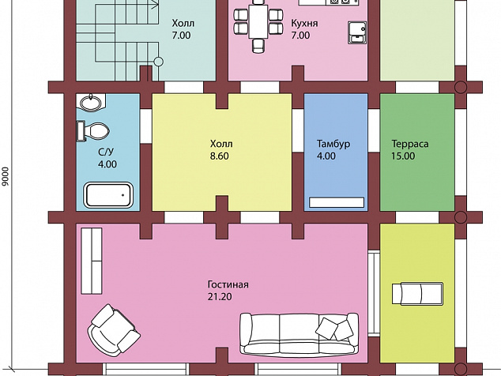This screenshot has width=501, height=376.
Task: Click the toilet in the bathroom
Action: tap(93, 131)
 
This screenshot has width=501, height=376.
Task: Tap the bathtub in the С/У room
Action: tap(108, 195)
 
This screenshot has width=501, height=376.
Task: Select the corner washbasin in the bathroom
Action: tap(92, 103)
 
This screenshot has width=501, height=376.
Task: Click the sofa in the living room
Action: tap(299, 334)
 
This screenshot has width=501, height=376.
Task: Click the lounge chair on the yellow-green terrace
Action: tap(417, 294)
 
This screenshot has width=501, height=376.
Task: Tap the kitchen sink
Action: tap(357, 32)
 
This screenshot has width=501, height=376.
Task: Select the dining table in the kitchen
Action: tap(258, 21)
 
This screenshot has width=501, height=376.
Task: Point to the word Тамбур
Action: tap(333, 144)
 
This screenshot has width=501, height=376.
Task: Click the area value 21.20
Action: tap(220, 297)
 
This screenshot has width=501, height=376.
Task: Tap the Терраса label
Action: tap(410, 144)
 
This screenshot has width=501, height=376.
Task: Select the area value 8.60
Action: tap(220, 156)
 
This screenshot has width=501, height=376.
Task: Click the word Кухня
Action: tap(304, 23)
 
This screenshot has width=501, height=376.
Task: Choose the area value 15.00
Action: tap(403, 156)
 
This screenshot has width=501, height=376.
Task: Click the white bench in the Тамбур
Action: tap(337, 202)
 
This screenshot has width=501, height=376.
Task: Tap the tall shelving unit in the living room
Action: tap(92, 261)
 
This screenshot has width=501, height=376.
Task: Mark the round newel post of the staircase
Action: tap(159, 62)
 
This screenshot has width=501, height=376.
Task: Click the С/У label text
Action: tap(106, 152)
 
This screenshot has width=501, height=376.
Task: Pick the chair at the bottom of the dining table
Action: tap(258, 46)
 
